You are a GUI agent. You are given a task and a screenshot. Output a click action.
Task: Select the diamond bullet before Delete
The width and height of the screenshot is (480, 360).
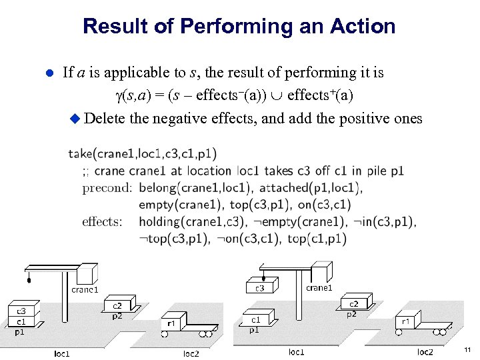(75, 119)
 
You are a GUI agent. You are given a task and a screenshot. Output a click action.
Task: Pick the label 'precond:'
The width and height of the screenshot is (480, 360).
(107, 187)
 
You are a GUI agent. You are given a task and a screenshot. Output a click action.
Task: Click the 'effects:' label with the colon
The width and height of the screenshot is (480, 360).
(102, 221)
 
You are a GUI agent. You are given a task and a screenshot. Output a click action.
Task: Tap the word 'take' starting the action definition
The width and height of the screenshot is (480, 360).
(79, 154)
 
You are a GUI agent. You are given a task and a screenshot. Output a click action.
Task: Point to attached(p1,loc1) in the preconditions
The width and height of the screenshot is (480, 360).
(311, 187)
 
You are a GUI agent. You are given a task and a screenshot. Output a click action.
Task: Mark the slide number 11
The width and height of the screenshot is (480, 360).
(467, 349)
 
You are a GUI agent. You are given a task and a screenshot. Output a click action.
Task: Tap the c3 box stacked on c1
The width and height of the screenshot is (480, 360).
(21, 311)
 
